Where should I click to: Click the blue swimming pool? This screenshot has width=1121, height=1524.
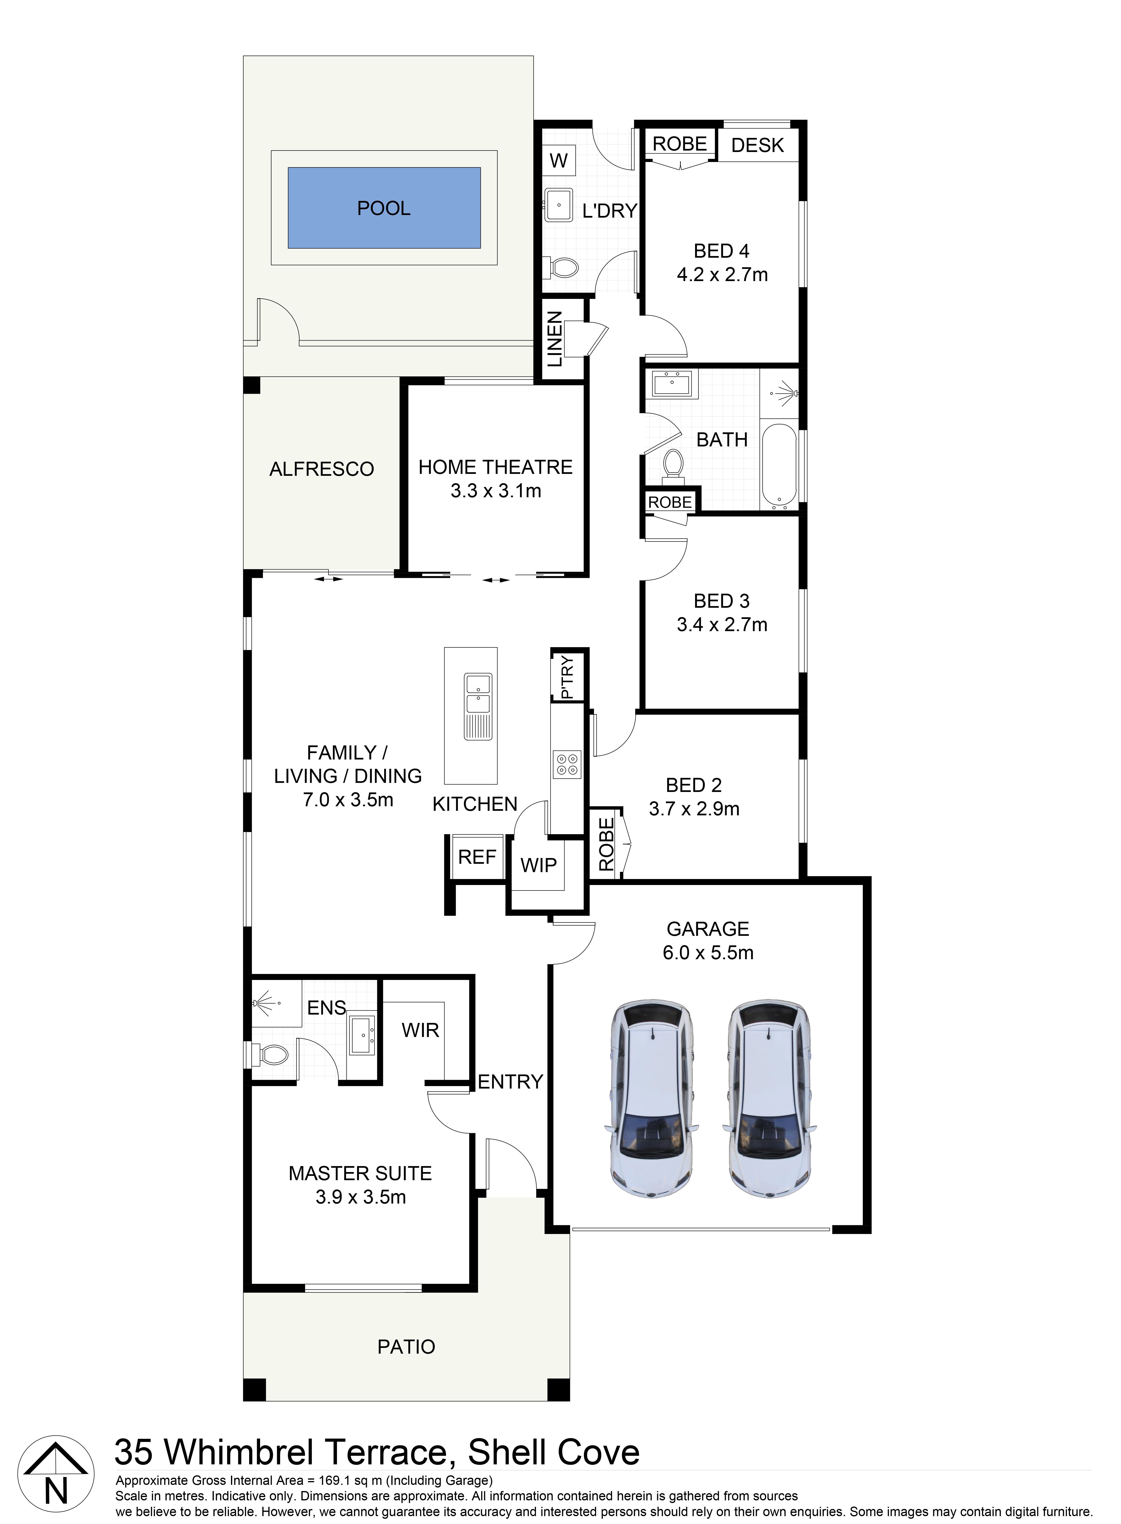[384, 208]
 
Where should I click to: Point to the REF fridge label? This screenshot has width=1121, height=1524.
[477, 857]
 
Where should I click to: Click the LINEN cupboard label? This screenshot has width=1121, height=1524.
[555, 339]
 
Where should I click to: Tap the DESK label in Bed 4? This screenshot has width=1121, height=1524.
[757, 145]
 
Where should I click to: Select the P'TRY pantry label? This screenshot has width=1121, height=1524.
[567, 676]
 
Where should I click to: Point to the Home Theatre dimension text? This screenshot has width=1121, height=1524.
[496, 491]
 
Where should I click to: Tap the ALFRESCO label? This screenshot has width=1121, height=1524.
[322, 469]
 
